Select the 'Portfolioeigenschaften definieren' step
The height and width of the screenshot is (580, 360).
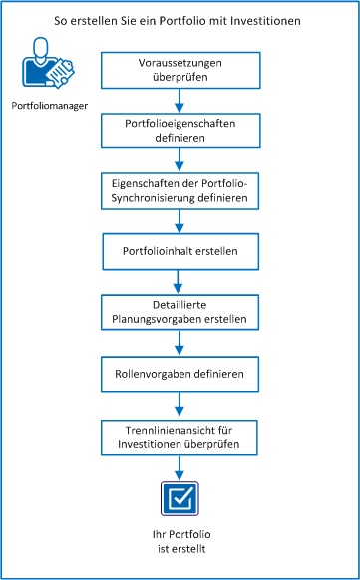(x=180, y=130)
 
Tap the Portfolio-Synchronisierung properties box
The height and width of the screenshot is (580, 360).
(x=180, y=191)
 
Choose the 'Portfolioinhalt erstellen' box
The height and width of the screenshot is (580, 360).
(x=180, y=251)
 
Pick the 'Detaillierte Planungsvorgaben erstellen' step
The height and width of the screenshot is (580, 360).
(x=180, y=312)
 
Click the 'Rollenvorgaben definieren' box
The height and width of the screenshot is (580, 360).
(x=180, y=373)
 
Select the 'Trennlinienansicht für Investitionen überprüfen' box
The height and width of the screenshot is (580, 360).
(x=180, y=435)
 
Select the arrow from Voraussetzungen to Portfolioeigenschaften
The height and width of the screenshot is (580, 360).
(x=180, y=98)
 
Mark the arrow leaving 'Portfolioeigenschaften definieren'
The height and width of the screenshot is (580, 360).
(x=180, y=159)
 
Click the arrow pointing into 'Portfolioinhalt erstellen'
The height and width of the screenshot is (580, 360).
(x=180, y=221)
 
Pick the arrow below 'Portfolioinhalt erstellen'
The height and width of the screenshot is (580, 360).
(x=180, y=281)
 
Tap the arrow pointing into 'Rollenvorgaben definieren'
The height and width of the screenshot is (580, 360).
(x=180, y=343)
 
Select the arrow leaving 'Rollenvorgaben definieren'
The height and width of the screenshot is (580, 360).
(x=180, y=404)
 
